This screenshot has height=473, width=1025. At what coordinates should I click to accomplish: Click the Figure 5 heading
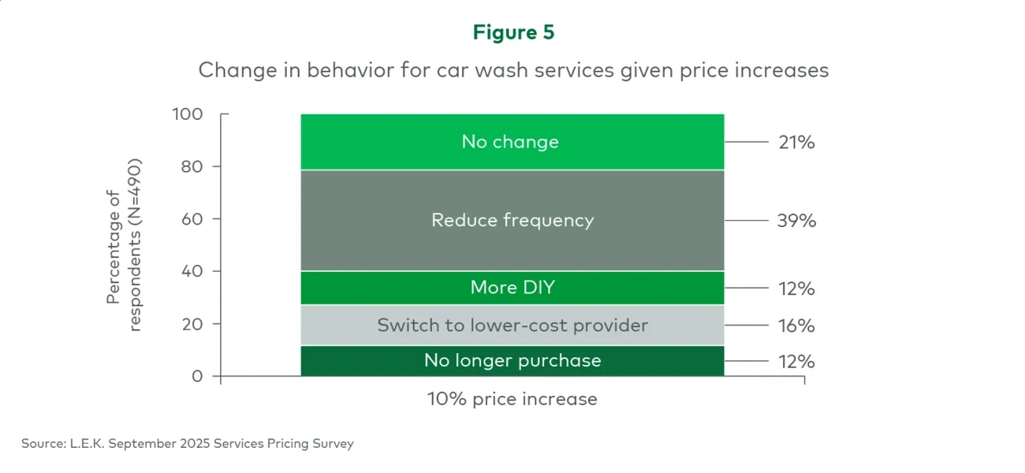tap(513, 32)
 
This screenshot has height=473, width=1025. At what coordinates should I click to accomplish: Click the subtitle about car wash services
tap(513, 70)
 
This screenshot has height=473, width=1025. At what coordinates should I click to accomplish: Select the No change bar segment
tap(511, 142)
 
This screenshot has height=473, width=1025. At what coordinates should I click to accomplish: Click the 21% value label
tap(795, 143)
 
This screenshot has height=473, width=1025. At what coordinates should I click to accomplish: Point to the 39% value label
tap(795, 221)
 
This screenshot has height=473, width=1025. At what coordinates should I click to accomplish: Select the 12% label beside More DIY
tap(795, 289)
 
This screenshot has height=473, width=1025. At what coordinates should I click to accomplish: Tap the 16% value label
tap(795, 326)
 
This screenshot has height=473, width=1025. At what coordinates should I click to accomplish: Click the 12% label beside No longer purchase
tap(795, 362)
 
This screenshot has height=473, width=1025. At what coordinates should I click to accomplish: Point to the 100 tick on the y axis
tap(188, 114)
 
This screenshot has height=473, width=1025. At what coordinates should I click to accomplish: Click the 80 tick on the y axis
tap(192, 166)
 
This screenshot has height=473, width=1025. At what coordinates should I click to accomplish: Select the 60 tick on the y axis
tap(192, 218)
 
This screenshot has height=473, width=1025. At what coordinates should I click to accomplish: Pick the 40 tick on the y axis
tap(192, 271)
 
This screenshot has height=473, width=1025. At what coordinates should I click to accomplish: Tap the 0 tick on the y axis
tap(198, 376)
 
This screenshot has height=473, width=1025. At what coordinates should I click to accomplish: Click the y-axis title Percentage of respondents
tap(124, 246)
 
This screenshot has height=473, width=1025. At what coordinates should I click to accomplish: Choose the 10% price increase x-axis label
tap(512, 399)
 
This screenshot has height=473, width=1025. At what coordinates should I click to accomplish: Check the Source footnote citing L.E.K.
tap(188, 444)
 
